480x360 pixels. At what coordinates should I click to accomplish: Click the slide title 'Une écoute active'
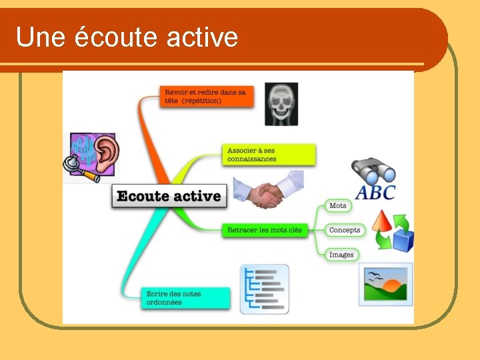(127, 37)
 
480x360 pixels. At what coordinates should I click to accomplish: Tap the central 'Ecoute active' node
(169, 196)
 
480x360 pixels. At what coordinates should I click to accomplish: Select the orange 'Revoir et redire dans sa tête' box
(207, 96)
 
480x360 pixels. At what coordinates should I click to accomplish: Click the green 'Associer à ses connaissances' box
(269, 155)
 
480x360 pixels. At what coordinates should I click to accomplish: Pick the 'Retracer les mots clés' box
(265, 230)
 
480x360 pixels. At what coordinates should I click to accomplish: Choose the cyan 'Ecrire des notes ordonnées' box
(186, 298)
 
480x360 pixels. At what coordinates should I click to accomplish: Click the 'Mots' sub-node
(338, 205)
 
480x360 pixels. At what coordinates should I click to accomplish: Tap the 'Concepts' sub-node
(345, 230)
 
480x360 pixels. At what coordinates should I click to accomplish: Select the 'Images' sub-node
(341, 255)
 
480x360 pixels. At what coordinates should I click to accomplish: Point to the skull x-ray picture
(281, 104)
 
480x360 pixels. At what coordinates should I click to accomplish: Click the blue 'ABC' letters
(375, 193)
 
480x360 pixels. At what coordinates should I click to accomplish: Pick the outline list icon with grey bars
(265, 289)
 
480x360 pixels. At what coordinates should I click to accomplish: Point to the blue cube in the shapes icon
(403, 239)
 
